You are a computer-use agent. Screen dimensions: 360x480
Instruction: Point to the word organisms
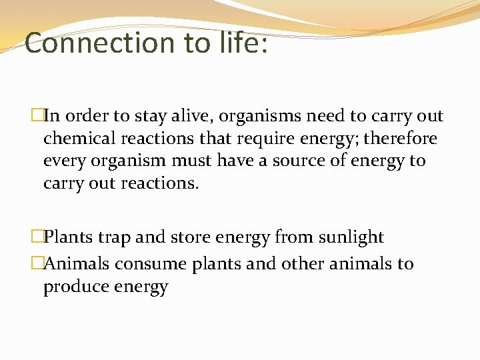pyautogui.click(x=265, y=116)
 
